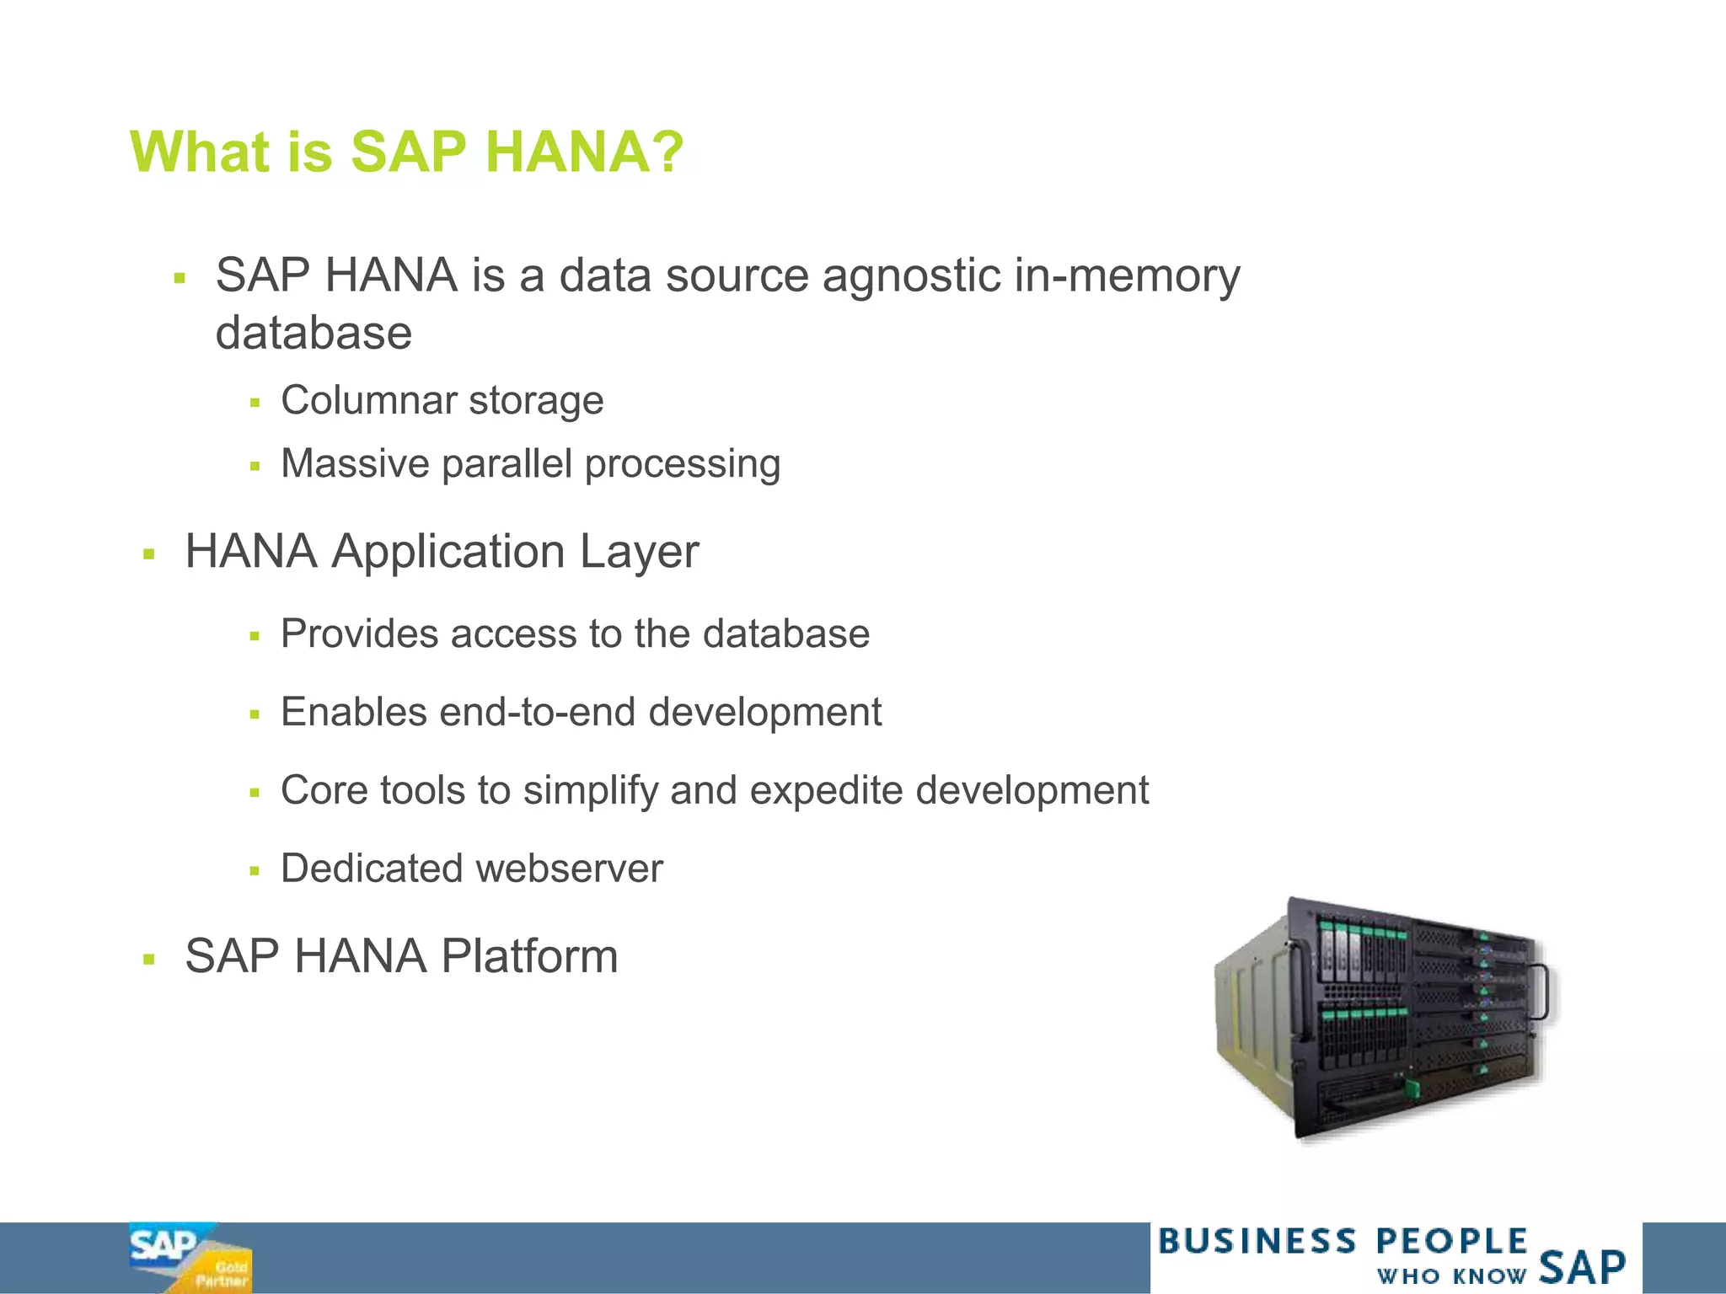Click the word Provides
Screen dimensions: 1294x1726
(x=359, y=634)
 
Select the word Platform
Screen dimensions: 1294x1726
(x=529, y=956)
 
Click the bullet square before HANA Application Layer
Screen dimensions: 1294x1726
(x=149, y=554)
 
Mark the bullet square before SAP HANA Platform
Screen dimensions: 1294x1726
(x=149, y=959)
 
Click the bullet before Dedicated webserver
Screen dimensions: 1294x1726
(x=255, y=871)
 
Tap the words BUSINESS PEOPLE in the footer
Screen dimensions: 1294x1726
(x=1342, y=1242)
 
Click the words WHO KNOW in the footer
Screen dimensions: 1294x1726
(x=1450, y=1275)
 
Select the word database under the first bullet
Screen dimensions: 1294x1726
(x=314, y=334)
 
